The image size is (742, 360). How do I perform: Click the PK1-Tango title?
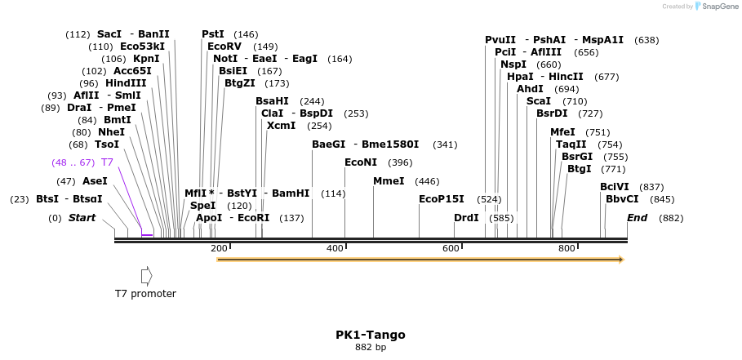point(370,335)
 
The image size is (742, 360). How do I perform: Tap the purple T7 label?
point(107,162)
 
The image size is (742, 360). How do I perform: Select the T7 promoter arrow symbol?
point(147,276)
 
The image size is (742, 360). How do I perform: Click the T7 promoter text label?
point(145,294)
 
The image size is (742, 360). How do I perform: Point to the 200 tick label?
point(219,248)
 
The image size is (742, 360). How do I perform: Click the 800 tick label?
point(566,248)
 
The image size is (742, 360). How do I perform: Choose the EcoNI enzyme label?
point(361,162)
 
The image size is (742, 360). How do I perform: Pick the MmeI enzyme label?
point(389,181)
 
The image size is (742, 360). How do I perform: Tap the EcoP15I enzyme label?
point(441,199)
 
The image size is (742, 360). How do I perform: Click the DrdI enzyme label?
point(466,218)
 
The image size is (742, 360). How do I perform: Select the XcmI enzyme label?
point(281,126)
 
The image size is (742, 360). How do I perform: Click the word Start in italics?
point(82,218)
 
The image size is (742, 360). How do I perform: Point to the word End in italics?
point(637,218)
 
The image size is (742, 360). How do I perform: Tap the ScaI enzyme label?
point(539,101)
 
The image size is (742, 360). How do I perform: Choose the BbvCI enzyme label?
point(622,199)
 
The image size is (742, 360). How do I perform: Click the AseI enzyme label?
point(95,181)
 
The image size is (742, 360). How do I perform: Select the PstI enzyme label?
point(213,34)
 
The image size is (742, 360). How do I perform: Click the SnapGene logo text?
point(717,7)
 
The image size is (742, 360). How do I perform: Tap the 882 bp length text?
point(370,348)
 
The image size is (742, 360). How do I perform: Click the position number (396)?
point(400,162)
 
